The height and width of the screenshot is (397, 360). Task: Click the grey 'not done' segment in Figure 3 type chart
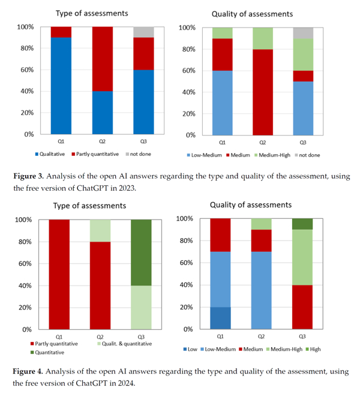point(143,32)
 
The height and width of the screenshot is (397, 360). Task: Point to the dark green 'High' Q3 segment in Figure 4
point(301,224)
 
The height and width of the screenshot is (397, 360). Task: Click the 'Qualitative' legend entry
point(55,154)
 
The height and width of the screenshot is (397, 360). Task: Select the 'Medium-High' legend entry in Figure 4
point(281,348)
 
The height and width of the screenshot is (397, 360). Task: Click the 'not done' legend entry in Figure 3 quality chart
point(307,155)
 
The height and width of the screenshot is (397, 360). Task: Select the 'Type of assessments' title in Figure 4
point(89,206)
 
